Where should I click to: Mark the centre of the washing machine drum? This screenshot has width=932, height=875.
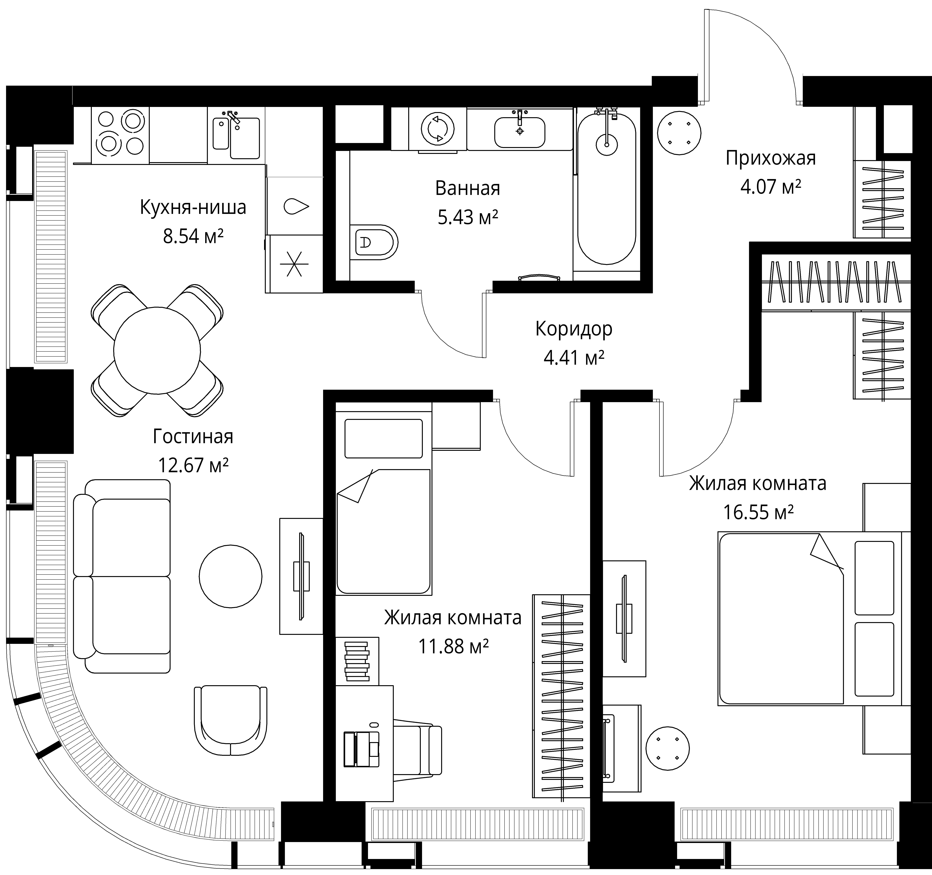point(438,129)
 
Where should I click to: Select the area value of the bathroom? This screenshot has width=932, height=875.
point(467,217)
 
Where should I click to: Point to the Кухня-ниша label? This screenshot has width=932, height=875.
point(193,207)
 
